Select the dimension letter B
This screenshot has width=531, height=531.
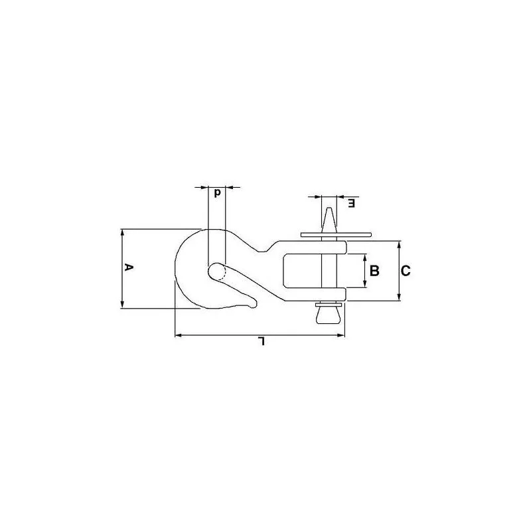374,271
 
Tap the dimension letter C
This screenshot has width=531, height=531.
406,271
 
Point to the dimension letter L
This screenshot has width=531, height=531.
261,341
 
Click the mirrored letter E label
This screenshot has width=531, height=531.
352,204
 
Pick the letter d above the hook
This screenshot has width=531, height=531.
218,193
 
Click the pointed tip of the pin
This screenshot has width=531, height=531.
329,208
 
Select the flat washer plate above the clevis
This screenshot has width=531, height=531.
336,235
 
